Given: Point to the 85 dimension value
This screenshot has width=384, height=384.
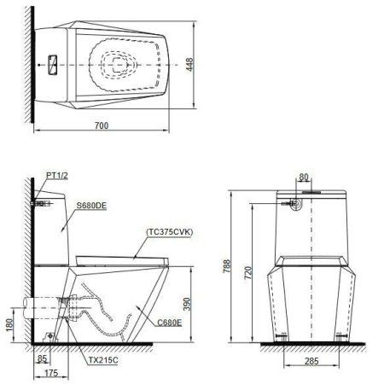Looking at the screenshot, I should (42, 359).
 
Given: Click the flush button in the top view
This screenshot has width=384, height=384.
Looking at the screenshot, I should (51, 63).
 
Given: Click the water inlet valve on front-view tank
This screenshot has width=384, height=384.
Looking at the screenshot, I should (295, 205).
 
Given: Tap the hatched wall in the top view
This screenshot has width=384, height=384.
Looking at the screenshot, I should (31, 63).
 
